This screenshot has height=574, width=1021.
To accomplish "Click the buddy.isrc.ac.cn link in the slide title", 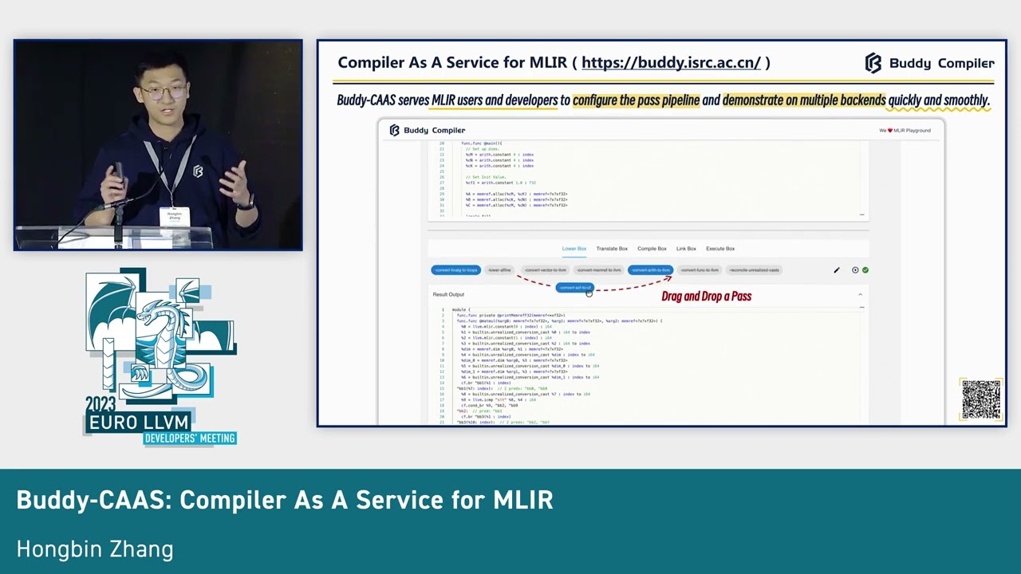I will click(671, 63).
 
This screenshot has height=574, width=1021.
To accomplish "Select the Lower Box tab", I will click(574, 249).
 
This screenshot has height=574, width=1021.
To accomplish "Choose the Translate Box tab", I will click(612, 249).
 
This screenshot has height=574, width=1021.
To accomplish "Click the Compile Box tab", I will click(652, 249).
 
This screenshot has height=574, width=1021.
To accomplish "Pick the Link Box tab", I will click(686, 249).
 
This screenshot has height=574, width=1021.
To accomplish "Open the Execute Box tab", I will click(720, 249).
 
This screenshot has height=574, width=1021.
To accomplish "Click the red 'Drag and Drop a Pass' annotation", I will click(706, 297).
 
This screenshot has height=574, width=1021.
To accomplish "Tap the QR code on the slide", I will click(980, 399).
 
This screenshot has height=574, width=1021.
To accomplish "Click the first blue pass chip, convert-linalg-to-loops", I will click(455, 270).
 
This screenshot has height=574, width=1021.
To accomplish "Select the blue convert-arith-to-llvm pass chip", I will click(650, 270).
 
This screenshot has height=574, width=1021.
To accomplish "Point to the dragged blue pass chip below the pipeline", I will click(574, 288).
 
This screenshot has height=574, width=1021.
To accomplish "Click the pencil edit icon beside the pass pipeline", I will click(837, 270).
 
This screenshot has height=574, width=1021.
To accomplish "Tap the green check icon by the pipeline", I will click(865, 270).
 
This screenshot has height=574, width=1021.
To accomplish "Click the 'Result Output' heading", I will click(448, 295).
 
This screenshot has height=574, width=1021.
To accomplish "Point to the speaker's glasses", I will click(163, 92).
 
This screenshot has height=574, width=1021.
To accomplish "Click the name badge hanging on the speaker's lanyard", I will click(175, 216).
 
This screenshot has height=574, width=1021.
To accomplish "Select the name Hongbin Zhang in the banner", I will click(95, 549).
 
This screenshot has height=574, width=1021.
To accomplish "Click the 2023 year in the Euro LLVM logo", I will click(102, 404).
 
